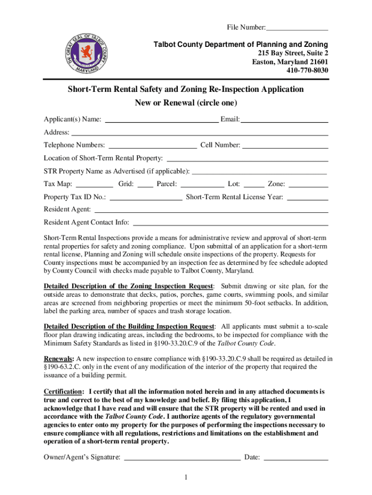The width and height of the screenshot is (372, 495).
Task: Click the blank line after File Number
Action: (x=297, y=27)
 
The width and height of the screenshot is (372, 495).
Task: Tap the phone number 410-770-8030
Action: (x=304, y=71)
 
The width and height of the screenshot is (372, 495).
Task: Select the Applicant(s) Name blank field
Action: (x=161, y=119)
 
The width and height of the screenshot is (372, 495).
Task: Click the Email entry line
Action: (x=284, y=119)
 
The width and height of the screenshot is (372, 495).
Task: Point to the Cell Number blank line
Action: (x=285, y=145)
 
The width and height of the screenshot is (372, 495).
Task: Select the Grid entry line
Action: (x=145, y=184)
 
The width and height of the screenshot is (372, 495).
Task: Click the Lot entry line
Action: (x=254, y=184)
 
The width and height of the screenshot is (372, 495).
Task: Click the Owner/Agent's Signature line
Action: (x=182, y=457)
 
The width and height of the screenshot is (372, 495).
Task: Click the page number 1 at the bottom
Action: (x=186, y=478)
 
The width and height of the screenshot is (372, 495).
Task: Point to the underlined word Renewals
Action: (x=59, y=359)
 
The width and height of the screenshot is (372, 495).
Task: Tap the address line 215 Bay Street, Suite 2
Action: (x=290, y=53)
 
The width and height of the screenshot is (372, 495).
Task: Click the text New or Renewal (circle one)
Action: (x=186, y=103)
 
